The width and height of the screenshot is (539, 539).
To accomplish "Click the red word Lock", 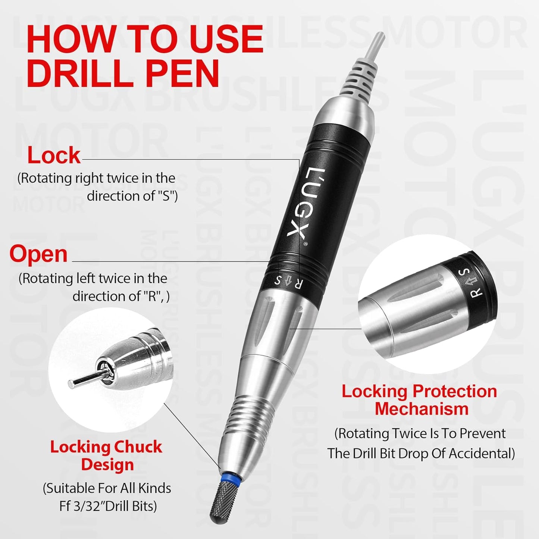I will [54, 156].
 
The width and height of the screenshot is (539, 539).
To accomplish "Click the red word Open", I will [38, 254].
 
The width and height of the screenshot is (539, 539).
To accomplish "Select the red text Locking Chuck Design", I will [106, 455].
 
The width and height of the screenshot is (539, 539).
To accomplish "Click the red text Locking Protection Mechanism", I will [419, 400].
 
